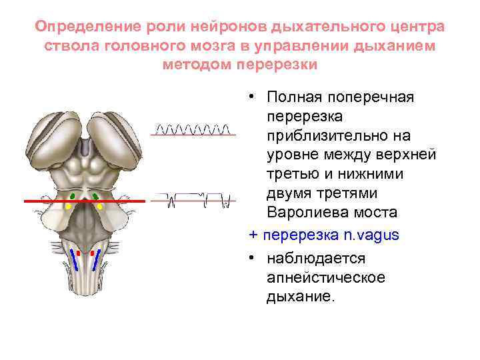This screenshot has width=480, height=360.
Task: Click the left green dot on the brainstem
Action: coord(73,195)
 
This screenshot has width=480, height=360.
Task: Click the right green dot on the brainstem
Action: coord(96,195)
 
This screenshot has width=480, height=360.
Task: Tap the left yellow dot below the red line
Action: coord(68,207)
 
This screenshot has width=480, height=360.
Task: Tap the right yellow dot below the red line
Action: coord(100,207)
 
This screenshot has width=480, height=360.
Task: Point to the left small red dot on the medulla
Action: coord(79,253)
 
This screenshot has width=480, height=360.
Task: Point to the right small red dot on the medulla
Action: coord(91,253)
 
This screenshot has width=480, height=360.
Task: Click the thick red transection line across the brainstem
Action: coord(40,200)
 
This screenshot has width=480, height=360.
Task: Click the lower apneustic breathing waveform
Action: coord(193,198)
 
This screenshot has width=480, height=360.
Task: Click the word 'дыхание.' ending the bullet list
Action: coord(298,295)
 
